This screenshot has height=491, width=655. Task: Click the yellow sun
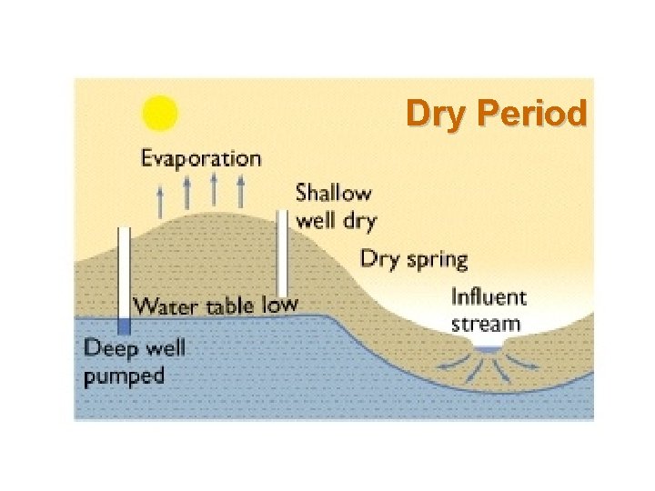coord(160,114)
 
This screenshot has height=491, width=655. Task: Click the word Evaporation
coord(200,158)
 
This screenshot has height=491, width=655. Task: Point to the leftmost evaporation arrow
coord(160,200)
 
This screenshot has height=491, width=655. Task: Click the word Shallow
coord(333,193)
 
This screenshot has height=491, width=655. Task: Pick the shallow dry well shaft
coord(283,250)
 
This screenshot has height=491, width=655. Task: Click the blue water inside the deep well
coord(125,326)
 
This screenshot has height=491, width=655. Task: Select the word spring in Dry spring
coord(436,259)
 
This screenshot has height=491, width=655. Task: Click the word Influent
coord(489,297)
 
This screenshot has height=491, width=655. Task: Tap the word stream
coord(486,323)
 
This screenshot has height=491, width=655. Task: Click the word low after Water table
coord(279,304)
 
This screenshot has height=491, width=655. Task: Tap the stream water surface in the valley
coord(488,349)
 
